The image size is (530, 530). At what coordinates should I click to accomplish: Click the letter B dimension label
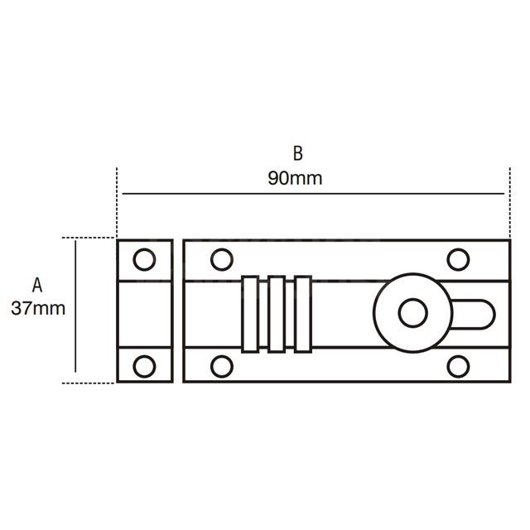tap(298, 153)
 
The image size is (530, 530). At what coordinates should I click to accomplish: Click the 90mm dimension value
tap(295, 178)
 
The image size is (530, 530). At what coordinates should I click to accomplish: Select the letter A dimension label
tap(36, 285)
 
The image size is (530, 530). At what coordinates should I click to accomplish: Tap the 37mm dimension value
tap(38, 309)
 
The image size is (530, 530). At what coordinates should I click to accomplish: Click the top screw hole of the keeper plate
tap(144, 259)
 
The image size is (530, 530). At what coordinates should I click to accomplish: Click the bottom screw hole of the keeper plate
tap(144, 365)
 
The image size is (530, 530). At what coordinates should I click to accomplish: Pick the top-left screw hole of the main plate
tap(221, 259)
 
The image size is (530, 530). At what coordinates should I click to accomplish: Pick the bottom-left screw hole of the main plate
tap(221, 365)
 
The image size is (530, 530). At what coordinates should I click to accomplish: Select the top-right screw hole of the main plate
tap(458, 259)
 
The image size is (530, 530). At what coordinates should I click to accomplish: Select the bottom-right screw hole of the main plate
tap(458, 365)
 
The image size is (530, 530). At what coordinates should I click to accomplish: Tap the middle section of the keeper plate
tap(145, 312)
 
